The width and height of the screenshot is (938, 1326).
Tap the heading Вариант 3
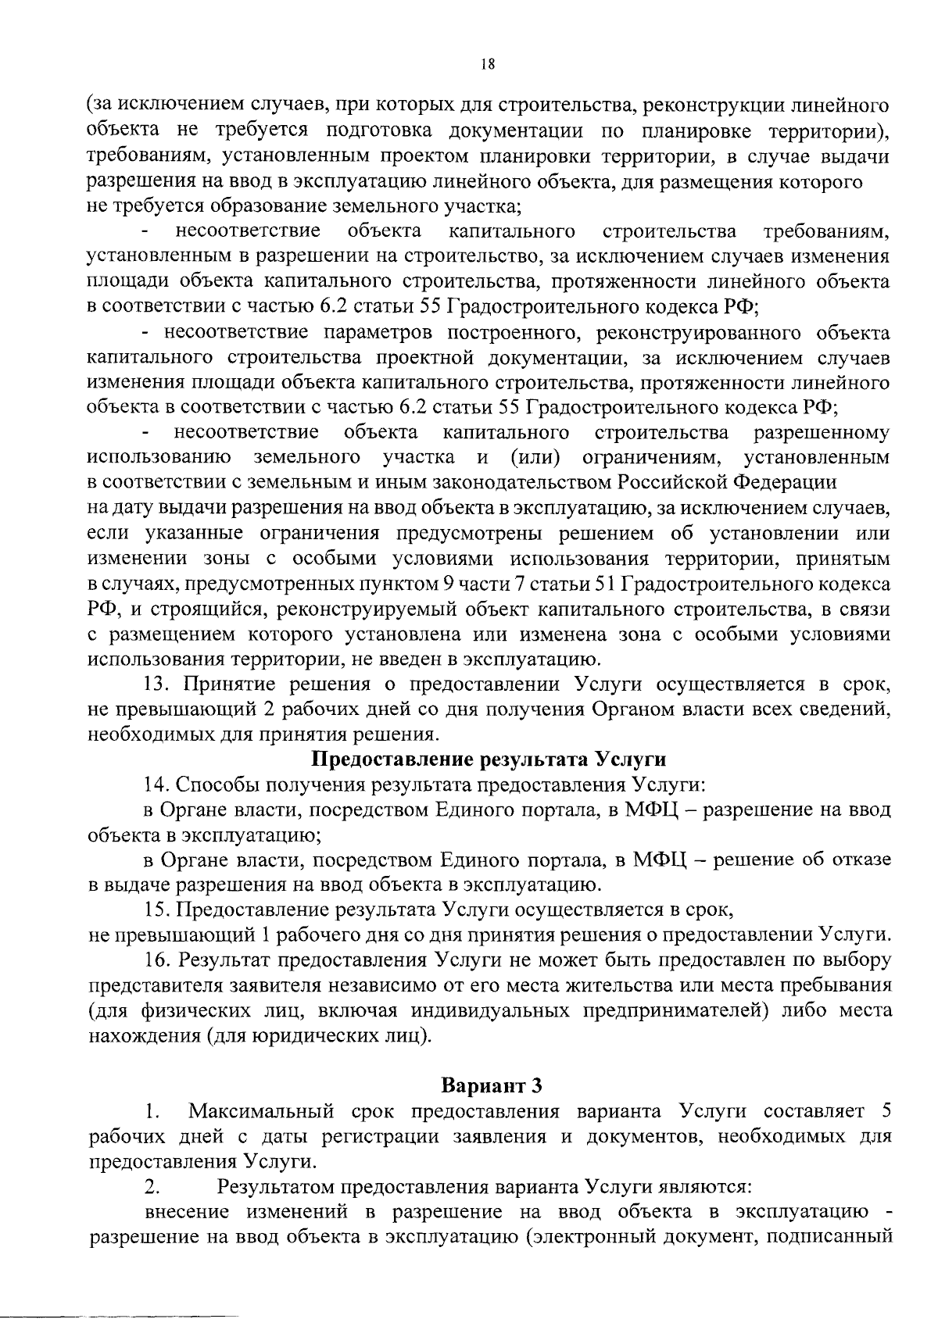(491, 1086)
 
